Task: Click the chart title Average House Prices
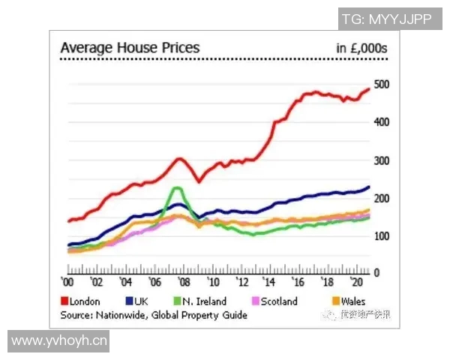click(130, 48)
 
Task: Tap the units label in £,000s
click(361, 49)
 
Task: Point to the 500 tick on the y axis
click(381, 84)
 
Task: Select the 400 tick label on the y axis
click(381, 121)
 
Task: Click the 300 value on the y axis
click(381, 160)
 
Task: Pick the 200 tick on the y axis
click(381, 198)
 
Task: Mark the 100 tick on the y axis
click(381, 236)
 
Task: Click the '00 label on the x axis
click(67, 283)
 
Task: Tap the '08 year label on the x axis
click(184, 283)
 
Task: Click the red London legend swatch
click(64, 301)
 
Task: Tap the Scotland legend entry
click(274, 301)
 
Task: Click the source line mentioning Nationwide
click(154, 315)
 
